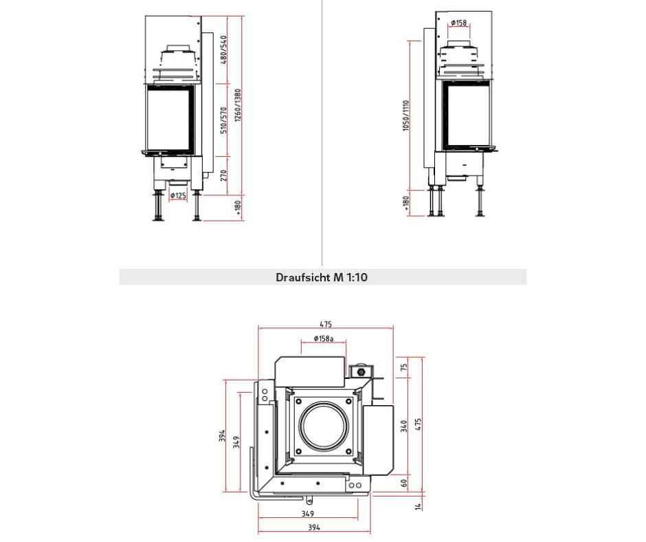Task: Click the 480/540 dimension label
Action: (x=224, y=50)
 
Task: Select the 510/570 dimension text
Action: (x=224, y=120)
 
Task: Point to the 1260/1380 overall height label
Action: (x=238, y=106)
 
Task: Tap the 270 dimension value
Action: (x=224, y=175)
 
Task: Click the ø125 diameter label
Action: (x=178, y=195)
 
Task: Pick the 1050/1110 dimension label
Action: (x=406, y=116)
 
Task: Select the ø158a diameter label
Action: (x=324, y=338)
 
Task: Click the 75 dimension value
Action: (x=405, y=367)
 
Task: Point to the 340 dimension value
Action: (x=405, y=426)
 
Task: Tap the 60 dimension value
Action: (x=405, y=482)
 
